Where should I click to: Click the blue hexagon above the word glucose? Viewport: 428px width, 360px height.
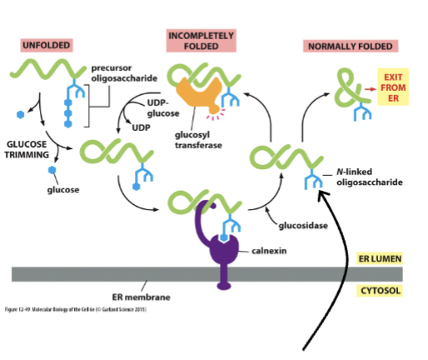click(x=53, y=170)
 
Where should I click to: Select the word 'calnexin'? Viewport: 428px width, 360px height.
click(x=268, y=250)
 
